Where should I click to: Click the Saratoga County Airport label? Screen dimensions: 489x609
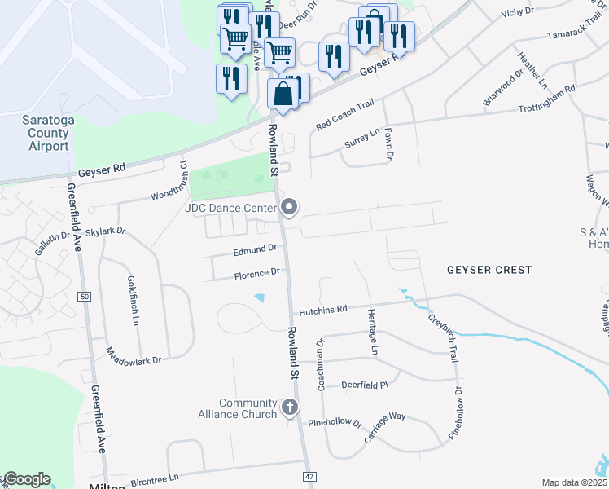tap(48, 133)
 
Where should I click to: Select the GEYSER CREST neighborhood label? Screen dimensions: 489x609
tap(489, 270)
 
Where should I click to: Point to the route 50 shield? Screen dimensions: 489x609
tap(85, 297)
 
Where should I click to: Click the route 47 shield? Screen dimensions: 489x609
tap(309, 475)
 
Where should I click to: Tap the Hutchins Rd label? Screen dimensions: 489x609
tap(323, 310)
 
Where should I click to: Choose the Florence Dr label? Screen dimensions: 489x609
tap(256, 274)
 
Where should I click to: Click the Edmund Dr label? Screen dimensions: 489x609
tap(250, 250)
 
